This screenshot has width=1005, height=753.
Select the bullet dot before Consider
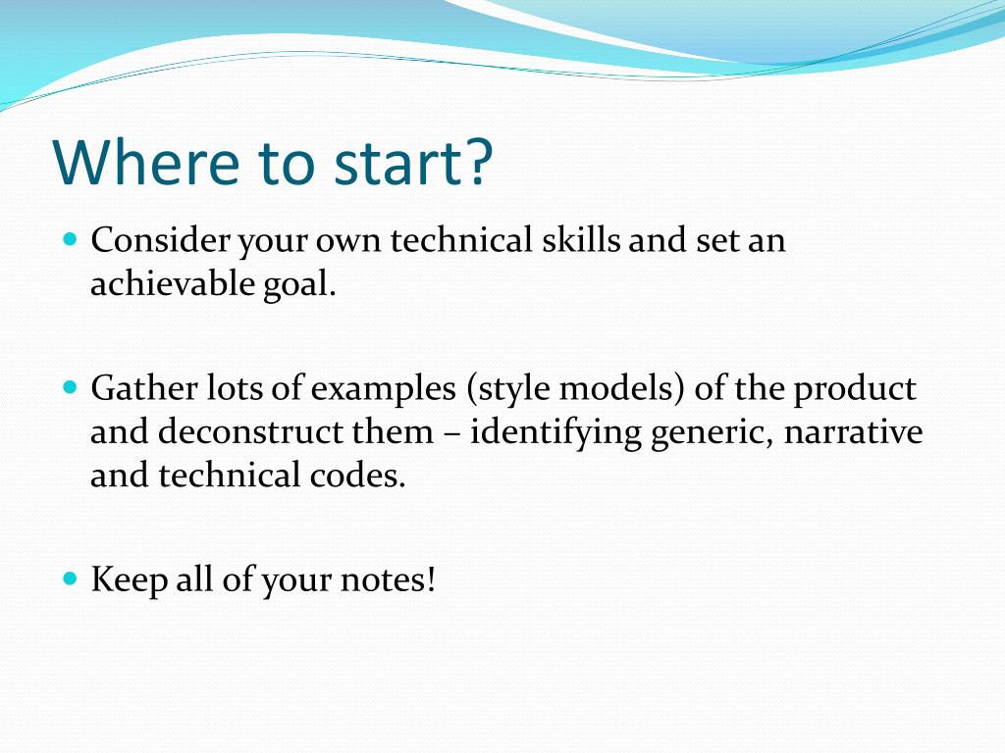point(71,239)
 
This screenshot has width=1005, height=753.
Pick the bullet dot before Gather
point(71,387)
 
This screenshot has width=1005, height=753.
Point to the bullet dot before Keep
point(71,578)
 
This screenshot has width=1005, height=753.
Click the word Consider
point(160,240)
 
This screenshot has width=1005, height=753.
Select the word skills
point(581,239)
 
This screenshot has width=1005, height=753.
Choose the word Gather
point(144,387)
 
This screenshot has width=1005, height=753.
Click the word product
point(855,389)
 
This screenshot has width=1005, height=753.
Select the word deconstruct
point(250,431)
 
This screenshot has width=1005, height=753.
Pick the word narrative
point(853,431)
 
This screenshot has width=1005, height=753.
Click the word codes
point(357,476)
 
